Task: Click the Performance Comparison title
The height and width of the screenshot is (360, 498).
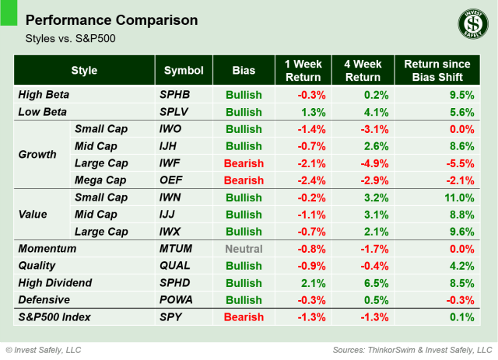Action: [110, 19]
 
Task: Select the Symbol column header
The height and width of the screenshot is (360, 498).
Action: [184, 71]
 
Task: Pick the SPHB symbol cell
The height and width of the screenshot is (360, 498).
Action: [176, 95]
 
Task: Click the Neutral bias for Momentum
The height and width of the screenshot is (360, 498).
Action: [244, 249]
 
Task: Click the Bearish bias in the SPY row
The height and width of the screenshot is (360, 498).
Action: [244, 317]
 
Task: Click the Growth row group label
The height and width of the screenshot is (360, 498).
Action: [37, 154]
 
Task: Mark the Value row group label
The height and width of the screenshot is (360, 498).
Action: [34, 215]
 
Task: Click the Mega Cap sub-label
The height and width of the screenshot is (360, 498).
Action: [101, 180]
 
